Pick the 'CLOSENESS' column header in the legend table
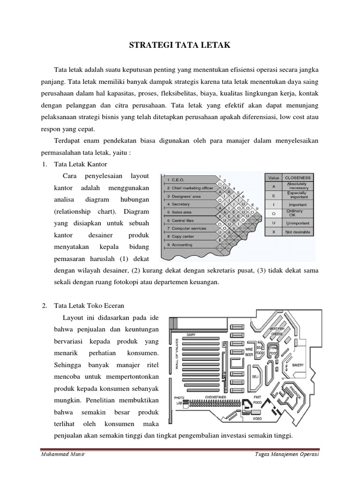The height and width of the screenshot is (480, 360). click(298, 178)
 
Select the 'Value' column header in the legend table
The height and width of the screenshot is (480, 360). click(273, 178)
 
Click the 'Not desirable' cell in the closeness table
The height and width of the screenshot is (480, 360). click(298, 232)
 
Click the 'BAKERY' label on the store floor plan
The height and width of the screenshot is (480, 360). click(299, 364)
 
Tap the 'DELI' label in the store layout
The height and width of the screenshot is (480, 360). click(255, 376)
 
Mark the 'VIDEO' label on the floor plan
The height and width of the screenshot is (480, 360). click(257, 418)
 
